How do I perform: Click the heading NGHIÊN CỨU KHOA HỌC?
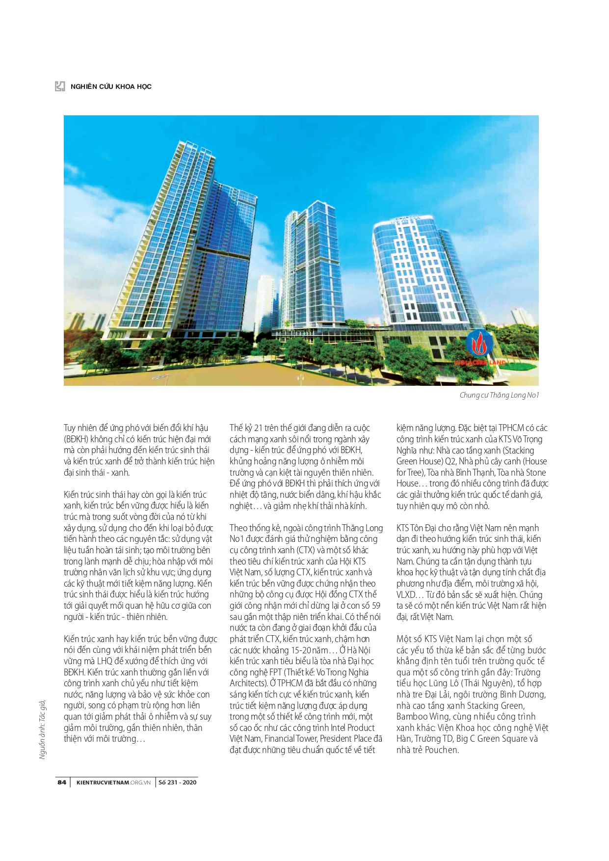pyautogui.click(x=111, y=87)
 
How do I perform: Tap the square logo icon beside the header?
pyautogui.click(x=60, y=86)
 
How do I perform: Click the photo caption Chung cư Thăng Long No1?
pyautogui.click(x=499, y=395)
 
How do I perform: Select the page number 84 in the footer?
pyautogui.click(x=62, y=782)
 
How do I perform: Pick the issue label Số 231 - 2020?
pyautogui.click(x=178, y=782)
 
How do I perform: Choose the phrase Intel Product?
pyautogui.click(x=352, y=727)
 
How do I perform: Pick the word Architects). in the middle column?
pyautogui.click(x=248, y=683)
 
